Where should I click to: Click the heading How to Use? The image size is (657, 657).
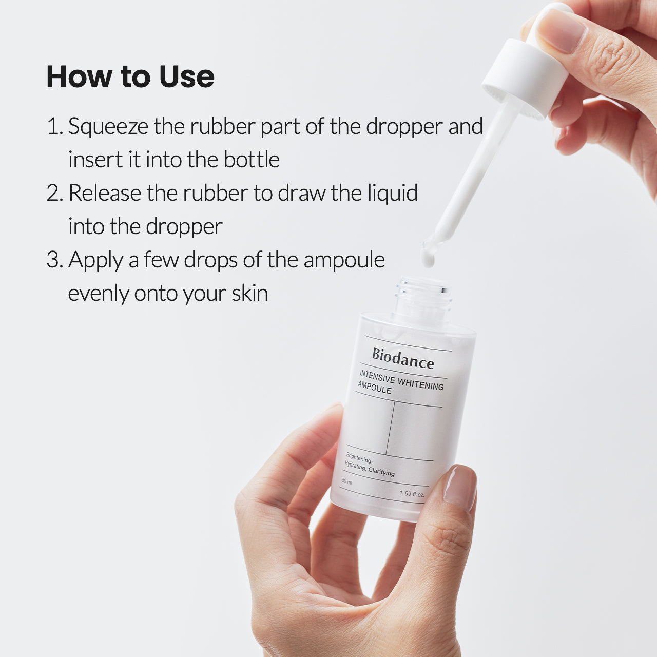tap(130, 77)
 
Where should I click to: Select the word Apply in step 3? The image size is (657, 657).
tap(96, 261)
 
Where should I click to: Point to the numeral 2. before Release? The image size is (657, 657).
tap(54, 194)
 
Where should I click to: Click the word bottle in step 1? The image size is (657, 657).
tap(252, 160)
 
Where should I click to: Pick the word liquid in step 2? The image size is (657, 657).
tap(393, 194)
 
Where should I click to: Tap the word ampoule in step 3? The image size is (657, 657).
tap(344, 261)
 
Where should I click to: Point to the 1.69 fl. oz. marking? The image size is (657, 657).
tap(412, 494)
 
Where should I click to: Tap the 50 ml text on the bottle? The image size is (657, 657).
tap(347, 481)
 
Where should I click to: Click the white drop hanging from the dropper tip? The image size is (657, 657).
tap(428, 257)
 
